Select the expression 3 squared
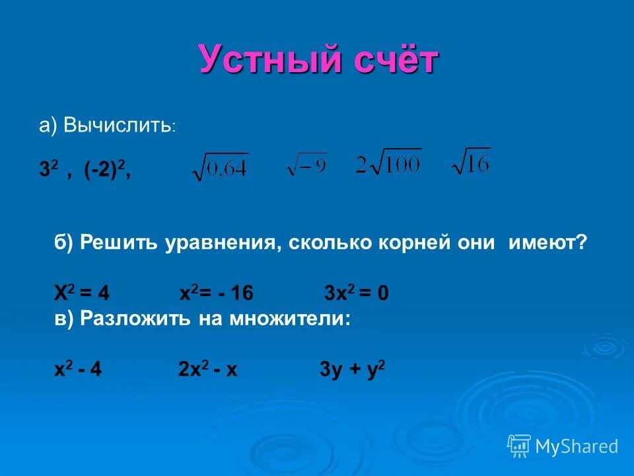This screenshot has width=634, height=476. (x=48, y=170)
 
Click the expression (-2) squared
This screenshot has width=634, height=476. (x=106, y=170)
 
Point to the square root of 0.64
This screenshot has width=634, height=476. (x=221, y=167)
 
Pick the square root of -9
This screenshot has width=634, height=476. (x=306, y=165)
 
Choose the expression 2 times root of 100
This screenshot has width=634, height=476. (x=388, y=163)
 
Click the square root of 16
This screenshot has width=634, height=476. (x=471, y=161)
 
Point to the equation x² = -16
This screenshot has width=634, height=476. (x=217, y=293)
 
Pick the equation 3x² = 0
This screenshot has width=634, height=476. (x=357, y=293)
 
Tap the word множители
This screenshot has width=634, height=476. (x=290, y=318)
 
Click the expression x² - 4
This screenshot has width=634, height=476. (x=78, y=370)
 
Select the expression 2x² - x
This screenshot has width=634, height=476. (x=207, y=370)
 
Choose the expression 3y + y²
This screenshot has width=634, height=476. (x=352, y=370)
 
